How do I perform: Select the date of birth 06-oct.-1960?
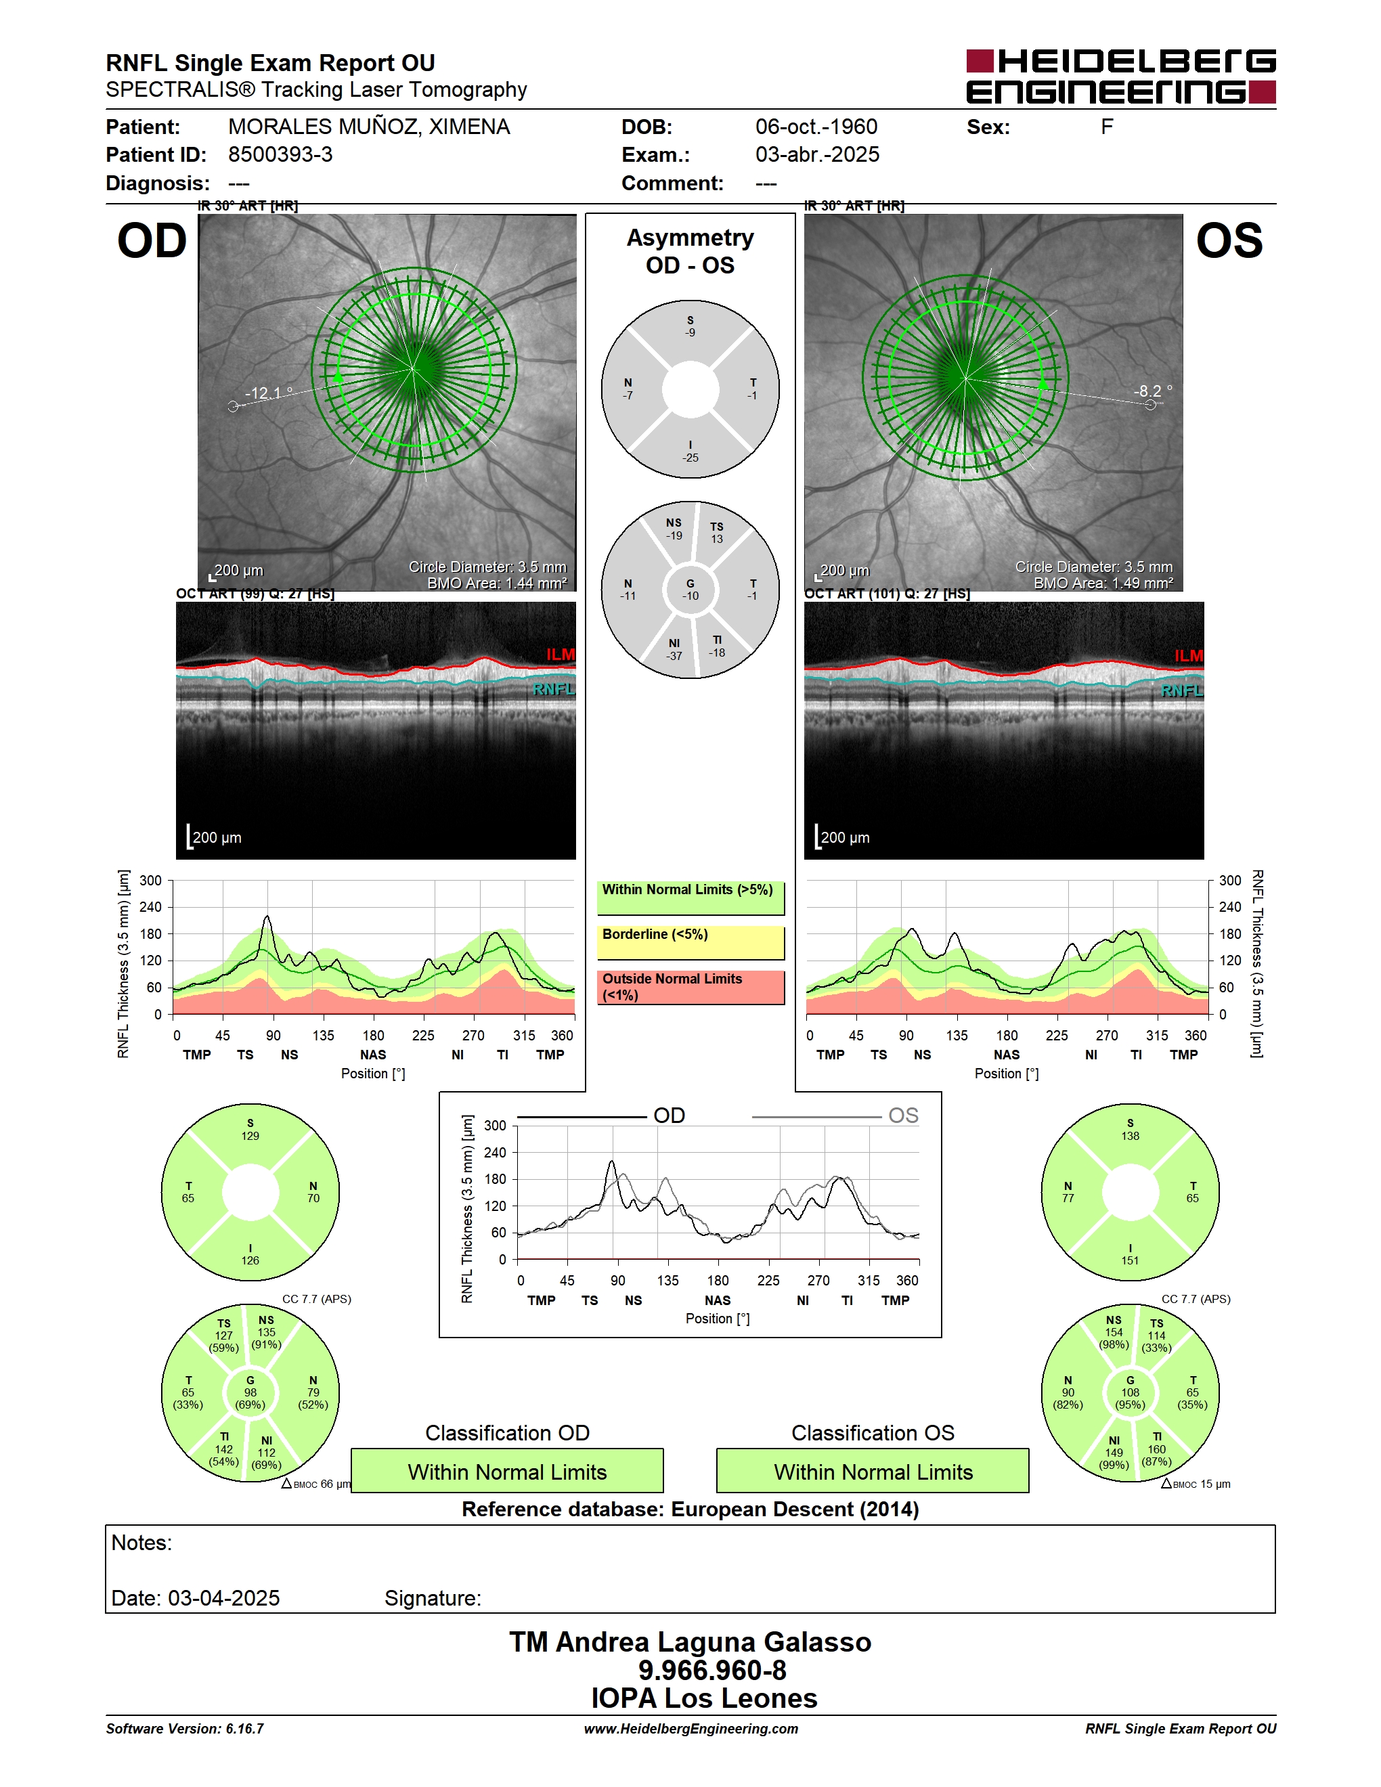click(816, 127)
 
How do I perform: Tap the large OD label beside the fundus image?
click(152, 242)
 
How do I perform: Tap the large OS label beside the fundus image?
click(1229, 242)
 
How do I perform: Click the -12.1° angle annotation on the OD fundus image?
click(268, 393)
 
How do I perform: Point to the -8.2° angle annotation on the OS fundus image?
click(1153, 391)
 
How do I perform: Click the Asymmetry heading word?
click(690, 238)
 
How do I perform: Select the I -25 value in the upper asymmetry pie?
click(690, 451)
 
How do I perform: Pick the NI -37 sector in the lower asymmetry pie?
click(674, 650)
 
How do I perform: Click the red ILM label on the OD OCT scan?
click(561, 655)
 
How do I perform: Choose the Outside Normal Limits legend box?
click(690, 988)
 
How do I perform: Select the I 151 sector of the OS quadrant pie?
click(1130, 1254)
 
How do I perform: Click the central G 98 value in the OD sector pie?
click(250, 1392)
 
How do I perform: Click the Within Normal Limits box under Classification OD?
click(507, 1471)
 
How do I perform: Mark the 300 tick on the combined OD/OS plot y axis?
click(495, 1126)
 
